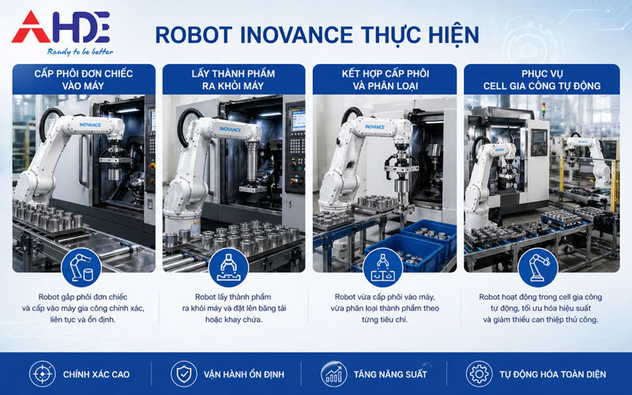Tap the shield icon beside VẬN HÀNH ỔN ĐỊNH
183,374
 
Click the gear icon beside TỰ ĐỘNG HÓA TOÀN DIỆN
478,374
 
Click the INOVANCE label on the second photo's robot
230,129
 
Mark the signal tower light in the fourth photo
544,108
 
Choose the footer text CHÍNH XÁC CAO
96,374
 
